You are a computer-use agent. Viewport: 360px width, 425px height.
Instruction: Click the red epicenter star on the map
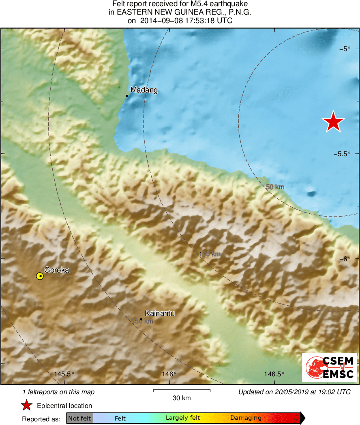[x=333, y=122]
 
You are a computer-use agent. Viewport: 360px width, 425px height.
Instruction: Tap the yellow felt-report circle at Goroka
[x=40, y=276]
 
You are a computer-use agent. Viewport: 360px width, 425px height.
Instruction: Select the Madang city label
[x=144, y=91]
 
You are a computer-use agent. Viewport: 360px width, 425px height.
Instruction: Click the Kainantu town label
[x=159, y=313]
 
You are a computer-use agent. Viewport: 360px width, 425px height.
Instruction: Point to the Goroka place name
[x=57, y=270]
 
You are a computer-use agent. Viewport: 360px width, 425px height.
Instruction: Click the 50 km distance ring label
[x=275, y=187]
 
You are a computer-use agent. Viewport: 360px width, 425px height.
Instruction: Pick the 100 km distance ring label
[x=210, y=254]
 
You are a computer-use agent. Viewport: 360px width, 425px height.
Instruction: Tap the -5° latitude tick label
[x=345, y=49]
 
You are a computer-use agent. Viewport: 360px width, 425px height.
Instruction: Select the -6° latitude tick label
[x=345, y=259]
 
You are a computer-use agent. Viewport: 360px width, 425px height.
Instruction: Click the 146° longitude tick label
[x=169, y=374]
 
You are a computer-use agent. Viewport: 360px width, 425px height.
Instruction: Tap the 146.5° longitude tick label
[x=274, y=374]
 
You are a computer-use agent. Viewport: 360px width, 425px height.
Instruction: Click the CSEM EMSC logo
[x=330, y=367]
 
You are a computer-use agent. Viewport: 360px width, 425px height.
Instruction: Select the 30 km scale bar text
[x=182, y=398]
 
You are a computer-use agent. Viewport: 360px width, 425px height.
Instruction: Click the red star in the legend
[x=26, y=406]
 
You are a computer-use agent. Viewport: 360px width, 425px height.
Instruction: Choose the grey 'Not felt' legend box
[x=80, y=418]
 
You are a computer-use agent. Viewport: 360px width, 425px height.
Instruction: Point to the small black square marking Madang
[x=127, y=96]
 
